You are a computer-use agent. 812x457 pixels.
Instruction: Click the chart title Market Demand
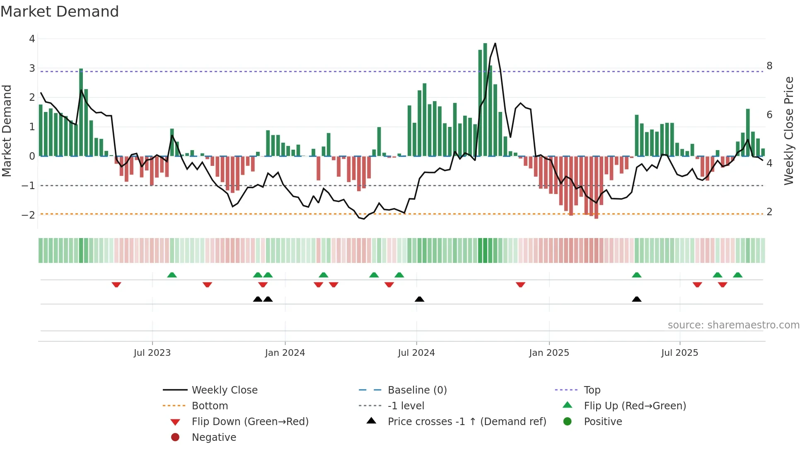pos(60,12)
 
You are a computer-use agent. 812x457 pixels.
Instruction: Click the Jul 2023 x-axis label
pos(152,353)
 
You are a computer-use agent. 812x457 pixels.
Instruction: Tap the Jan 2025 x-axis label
pos(549,353)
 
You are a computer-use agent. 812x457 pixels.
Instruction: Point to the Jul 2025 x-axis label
pos(679,353)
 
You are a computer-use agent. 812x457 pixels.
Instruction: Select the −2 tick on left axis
pos(28,215)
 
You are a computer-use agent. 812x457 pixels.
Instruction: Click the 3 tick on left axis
pos(32,68)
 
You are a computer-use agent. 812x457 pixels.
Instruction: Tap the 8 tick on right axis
pos(769,66)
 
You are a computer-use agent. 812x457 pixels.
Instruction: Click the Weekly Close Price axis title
pos(789,131)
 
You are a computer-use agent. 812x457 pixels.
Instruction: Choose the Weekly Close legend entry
pos(224,390)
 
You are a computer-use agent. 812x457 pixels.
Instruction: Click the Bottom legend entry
pos(210,406)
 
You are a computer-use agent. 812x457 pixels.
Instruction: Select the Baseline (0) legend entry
pos(417,390)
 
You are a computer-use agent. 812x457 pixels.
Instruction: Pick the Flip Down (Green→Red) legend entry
pos(250,422)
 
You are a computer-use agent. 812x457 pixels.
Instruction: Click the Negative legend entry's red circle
pos(175,438)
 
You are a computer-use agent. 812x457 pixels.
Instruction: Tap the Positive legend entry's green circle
pos(568,422)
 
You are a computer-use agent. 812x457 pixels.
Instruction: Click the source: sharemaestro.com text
pos(733,325)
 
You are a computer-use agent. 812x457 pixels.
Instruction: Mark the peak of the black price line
pos(495,44)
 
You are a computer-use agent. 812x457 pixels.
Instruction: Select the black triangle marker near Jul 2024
pos(419,299)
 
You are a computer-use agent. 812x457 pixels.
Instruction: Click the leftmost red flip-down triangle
pos(116,284)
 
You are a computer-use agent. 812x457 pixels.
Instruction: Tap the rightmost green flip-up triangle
pos(737,275)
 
